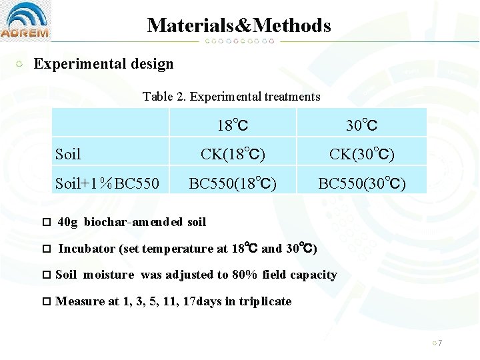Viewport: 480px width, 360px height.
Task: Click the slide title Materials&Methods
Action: tap(239, 25)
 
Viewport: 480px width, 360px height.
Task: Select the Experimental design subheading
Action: tap(103, 64)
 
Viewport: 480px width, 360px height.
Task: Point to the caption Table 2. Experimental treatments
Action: tap(231, 97)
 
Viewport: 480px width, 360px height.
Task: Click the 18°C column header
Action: tap(233, 125)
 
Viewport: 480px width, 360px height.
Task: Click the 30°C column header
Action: tap(361, 125)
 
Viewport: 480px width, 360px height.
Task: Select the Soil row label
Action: tap(68, 155)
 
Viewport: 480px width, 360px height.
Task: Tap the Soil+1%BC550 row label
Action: tap(107, 183)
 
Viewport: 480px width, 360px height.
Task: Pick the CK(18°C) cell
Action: tap(233, 154)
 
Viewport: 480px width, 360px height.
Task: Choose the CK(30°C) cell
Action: tap(361, 154)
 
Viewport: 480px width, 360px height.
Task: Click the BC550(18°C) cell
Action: tap(233, 183)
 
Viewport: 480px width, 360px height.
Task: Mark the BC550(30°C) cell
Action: tap(361, 183)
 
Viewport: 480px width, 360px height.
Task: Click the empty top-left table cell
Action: tap(110, 123)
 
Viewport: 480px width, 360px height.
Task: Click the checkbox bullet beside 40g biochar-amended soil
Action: tap(46, 222)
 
